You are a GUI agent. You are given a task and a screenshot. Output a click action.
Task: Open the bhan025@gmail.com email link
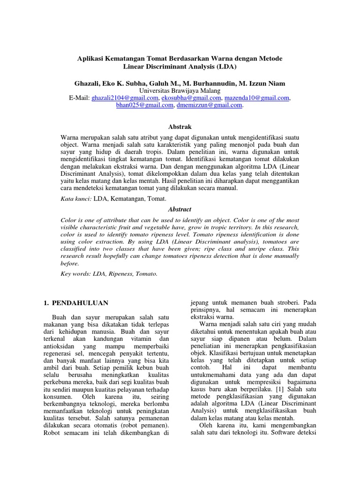(x=144, y=105)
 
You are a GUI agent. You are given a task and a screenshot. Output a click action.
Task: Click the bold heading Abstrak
(x=180, y=127)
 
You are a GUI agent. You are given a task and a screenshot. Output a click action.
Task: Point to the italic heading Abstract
(x=180, y=210)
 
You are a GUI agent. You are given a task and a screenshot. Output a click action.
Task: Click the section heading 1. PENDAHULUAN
(x=75, y=303)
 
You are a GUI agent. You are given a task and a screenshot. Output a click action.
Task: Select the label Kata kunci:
(x=76, y=199)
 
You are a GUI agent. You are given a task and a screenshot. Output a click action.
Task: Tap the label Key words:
(x=76, y=274)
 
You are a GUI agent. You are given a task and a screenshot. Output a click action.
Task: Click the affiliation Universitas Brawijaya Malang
(x=180, y=90)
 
